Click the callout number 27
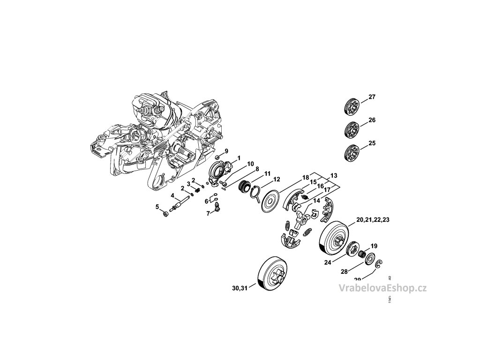(372, 97)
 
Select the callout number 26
(372, 120)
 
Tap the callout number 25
(372, 142)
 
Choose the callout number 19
(374, 246)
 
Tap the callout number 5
(157, 206)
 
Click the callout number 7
(208, 214)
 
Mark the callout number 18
(306, 178)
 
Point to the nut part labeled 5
(165, 215)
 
